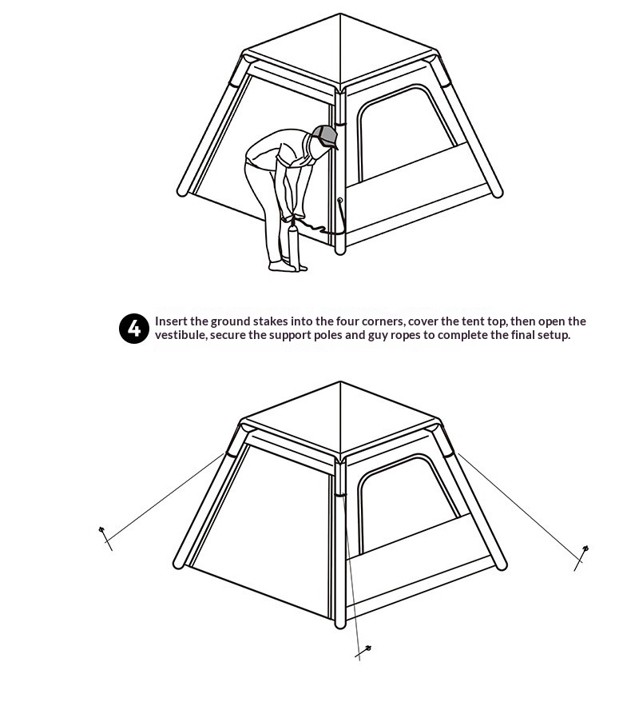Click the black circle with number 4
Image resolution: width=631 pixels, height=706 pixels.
tap(134, 329)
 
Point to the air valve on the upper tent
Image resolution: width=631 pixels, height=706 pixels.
tap(340, 200)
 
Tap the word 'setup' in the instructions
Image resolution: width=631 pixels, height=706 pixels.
tap(554, 336)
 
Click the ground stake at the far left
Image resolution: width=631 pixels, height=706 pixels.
tap(105, 537)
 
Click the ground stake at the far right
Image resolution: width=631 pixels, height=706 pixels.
tap(581, 558)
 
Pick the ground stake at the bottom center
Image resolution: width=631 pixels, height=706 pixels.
tap(363, 652)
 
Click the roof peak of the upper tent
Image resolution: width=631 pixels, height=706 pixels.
tap(340, 14)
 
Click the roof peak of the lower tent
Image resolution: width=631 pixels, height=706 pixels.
tap(340, 382)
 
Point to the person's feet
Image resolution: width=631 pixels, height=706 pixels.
tap(288, 267)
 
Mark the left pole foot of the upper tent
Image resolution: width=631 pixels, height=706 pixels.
tap(183, 191)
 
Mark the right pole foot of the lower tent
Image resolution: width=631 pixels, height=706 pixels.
tap(501, 564)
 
